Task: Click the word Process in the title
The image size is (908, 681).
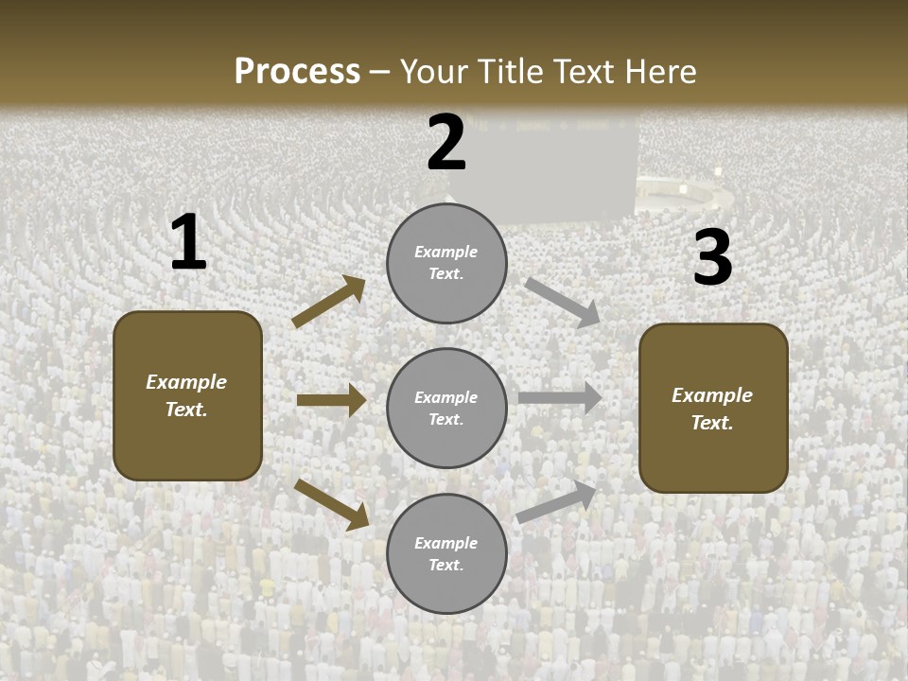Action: [297, 71]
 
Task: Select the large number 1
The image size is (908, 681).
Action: [188, 243]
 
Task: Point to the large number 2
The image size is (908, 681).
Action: [446, 144]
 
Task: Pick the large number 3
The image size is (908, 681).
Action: [712, 258]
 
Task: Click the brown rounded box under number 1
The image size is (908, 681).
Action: [187, 395]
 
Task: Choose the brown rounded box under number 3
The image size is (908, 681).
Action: [713, 409]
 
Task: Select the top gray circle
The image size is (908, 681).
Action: [446, 263]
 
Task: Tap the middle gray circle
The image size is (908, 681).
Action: [446, 409]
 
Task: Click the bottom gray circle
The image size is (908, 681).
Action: [446, 554]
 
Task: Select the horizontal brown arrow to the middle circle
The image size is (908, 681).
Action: [331, 400]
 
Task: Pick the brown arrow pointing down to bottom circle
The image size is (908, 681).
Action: [331, 503]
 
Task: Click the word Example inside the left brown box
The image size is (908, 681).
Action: [186, 382]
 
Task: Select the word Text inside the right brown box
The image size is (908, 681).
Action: [712, 423]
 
